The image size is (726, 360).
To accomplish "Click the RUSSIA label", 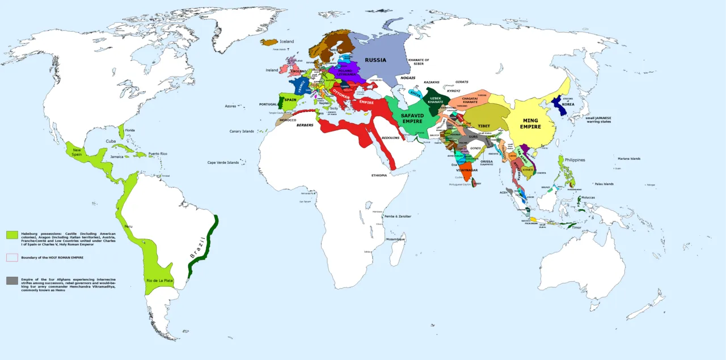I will [375, 60].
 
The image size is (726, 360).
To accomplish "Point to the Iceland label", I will [287, 41].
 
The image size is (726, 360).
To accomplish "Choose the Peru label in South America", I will [128, 226].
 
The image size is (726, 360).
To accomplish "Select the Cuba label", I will [111, 141].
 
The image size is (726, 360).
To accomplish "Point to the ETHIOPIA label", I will [379, 175].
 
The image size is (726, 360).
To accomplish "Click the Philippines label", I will [575, 160].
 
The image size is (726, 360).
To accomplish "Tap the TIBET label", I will [484, 125].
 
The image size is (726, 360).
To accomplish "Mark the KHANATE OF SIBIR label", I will [419, 62].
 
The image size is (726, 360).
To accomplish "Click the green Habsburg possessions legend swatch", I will [12, 235].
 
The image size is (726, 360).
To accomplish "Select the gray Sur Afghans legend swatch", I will [12, 281].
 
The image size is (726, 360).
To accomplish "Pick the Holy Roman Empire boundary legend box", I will [12, 257].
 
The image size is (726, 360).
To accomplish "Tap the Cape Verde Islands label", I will [223, 163].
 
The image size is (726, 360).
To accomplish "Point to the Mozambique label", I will [395, 239].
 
